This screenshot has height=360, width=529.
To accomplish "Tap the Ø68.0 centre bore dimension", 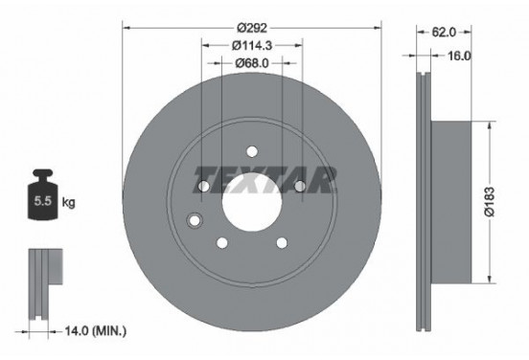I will pyautogui.click(x=252, y=63).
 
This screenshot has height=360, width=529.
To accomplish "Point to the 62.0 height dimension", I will pyautogui.click(x=444, y=33).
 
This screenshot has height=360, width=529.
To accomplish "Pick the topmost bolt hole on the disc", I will pyautogui.click(x=251, y=150).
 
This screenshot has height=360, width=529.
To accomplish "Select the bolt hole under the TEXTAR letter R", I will pyautogui.click(x=299, y=185).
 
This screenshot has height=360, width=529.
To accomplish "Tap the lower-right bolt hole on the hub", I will pyautogui.click(x=281, y=241).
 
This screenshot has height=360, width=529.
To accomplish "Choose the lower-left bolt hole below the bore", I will pyautogui.click(x=222, y=241).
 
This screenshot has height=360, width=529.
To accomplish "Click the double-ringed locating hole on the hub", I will pyautogui.click(x=195, y=220).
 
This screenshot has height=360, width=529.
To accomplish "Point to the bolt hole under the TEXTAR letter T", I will pyautogui.click(x=204, y=185).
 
